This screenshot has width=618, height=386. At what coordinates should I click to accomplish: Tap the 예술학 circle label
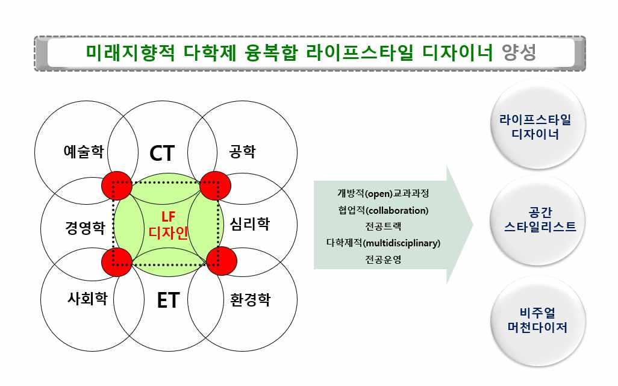click(x=83, y=151)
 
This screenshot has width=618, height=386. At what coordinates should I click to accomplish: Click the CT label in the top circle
click(x=162, y=154)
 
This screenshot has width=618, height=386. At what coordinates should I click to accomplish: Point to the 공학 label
click(x=243, y=151)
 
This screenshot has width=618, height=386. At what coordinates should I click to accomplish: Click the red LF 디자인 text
click(x=168, y=224)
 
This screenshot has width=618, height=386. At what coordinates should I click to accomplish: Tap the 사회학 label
click(x=87, y=298)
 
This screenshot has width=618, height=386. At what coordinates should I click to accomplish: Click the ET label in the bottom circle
click(x=168, y=300)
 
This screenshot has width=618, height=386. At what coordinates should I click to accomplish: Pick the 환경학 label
click(x=251, y=299)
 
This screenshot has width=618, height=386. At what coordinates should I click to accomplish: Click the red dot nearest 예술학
click(x=116, y=184)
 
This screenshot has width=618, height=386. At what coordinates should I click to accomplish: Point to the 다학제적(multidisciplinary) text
click(x=383, y=243)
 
